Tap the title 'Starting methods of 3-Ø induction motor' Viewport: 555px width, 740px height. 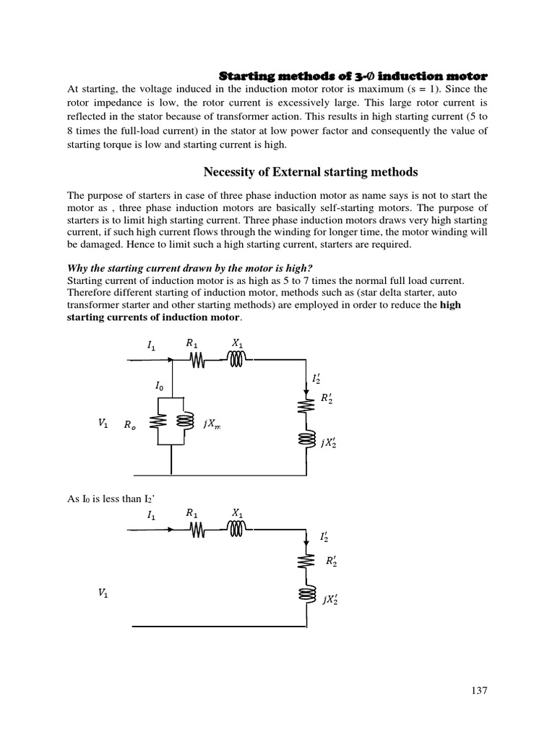(x=353, y=76)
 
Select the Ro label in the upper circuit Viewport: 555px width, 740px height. (x=129, y=426)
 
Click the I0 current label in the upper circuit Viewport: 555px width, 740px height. (x=160, y=386)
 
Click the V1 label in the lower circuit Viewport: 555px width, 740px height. (x=103, y=593)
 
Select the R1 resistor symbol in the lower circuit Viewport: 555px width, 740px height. (x=197, y=530)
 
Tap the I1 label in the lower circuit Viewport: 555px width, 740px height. (x=151, y=515)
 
